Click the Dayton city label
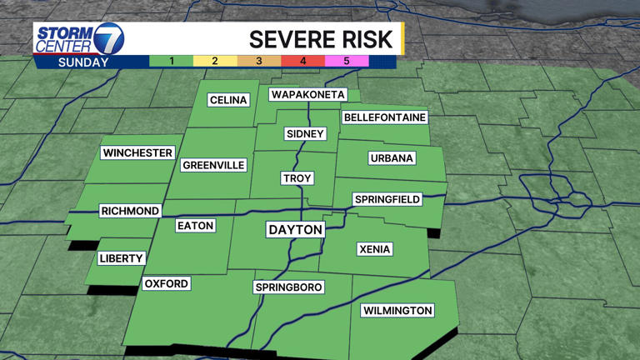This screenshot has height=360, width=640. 295,229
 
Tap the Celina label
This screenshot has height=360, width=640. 228,100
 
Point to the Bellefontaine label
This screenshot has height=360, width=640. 384,117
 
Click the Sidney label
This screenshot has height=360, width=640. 304,133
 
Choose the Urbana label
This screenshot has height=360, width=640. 392,158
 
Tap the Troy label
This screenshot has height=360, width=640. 297,179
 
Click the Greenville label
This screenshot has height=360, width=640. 213,165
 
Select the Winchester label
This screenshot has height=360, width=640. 137,152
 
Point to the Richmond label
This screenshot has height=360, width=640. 129,211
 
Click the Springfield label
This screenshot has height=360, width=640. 387,199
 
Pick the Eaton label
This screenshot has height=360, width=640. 196,226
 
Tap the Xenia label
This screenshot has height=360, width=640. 375,249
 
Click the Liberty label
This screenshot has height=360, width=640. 122,258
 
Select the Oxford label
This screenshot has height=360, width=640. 167,283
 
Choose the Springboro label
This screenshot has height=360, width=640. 288,287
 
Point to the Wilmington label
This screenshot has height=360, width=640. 397,311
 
